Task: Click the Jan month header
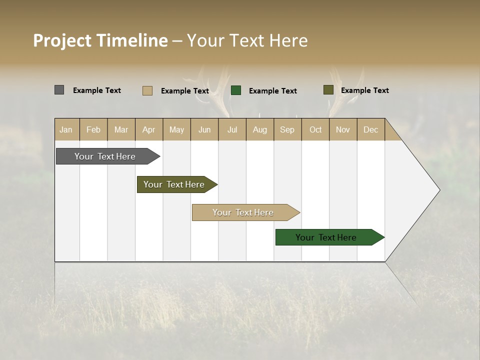click(x=66, y=129)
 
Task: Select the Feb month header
click(x=93, y=129)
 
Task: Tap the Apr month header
click(x=149, y=129)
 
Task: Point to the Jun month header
click(x=204, y=129)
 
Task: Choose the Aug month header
click(x=260, y=129)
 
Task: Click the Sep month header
click(x=287, y=129)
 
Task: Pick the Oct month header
click(x=315, y=129)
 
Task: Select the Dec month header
click(x=371, y=129)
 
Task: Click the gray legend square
click(x=59, y=90)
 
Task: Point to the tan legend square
click(x=147, y=90)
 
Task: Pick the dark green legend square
click(x=236, y=90)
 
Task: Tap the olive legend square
click(x=328, y=90)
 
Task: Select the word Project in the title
click(x=62, y=40)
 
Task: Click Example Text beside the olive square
click(x=364, y=90)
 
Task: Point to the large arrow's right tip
click(x=438, y=190)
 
